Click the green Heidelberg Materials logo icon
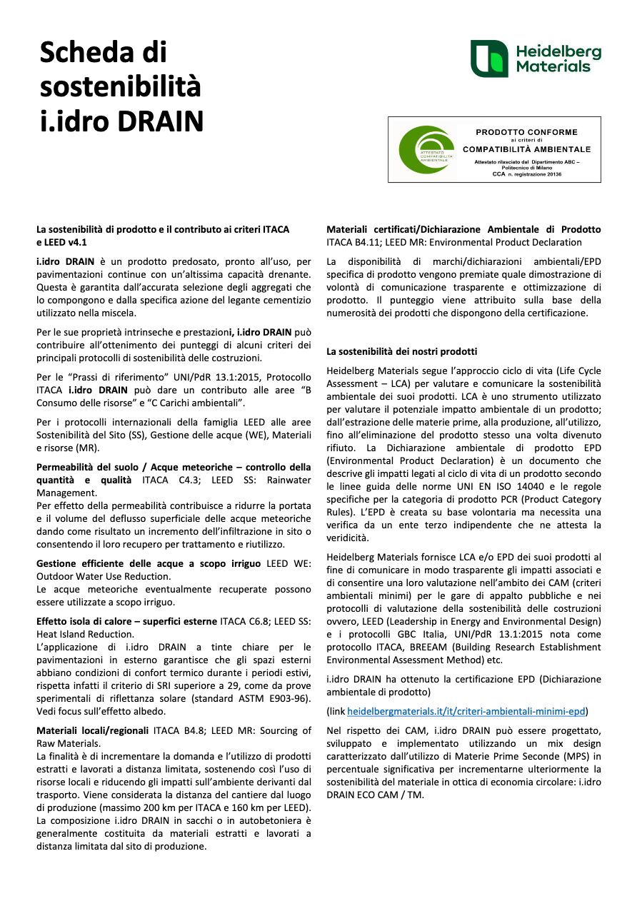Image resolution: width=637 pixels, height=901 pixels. (489, 59)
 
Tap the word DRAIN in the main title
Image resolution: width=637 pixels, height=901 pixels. (161, 121)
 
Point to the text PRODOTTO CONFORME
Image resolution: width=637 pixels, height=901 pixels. (526, 132)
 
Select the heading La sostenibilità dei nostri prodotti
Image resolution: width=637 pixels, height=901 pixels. (402, 351)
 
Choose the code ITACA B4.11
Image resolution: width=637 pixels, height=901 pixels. (351, 243)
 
